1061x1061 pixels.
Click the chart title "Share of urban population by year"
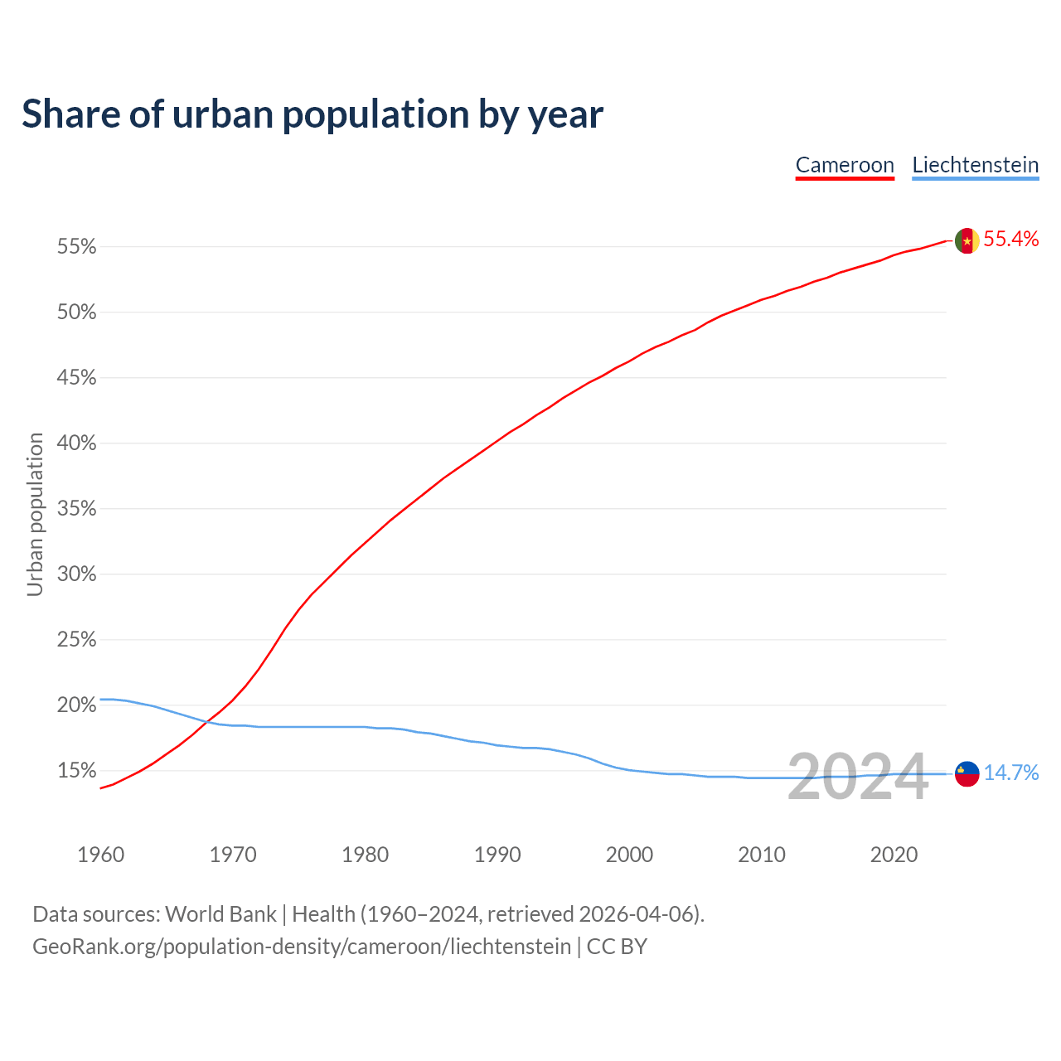click(312, 114)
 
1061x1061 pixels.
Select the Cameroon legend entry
click(845, 165)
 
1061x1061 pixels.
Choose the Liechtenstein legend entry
click(975, 165)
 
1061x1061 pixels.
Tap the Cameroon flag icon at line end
click(967, 241)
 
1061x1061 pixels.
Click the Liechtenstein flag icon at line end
click(967, 773)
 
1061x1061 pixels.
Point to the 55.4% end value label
click(1010, 240)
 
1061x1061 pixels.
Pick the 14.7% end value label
click(1010, 773)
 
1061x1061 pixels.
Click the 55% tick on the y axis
click(76, 247)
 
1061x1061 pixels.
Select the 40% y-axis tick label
click(76, 443)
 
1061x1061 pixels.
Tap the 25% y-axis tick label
click(76, 640)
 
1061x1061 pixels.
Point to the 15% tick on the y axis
click(76, 771)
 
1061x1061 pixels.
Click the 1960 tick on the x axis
click(100, 855)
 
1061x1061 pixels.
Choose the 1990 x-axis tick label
click(497, 855)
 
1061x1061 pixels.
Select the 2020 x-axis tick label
click(894, 855)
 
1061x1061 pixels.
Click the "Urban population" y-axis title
click(35, 514)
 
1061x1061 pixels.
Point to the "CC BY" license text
click(617, 947)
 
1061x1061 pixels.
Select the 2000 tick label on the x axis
click(629, 855)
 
